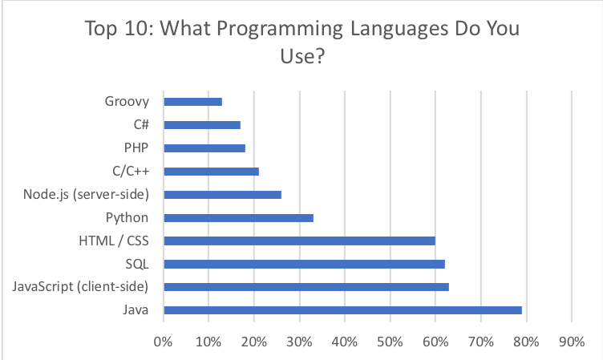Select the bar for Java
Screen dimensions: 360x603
point(342,310)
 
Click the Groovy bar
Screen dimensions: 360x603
point(192,102)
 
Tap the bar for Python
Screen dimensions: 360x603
point(238,217)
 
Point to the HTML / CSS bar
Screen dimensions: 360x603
point(299,241)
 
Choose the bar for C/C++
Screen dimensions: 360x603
point(211,171)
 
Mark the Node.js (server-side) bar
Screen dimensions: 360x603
point(222,194)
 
